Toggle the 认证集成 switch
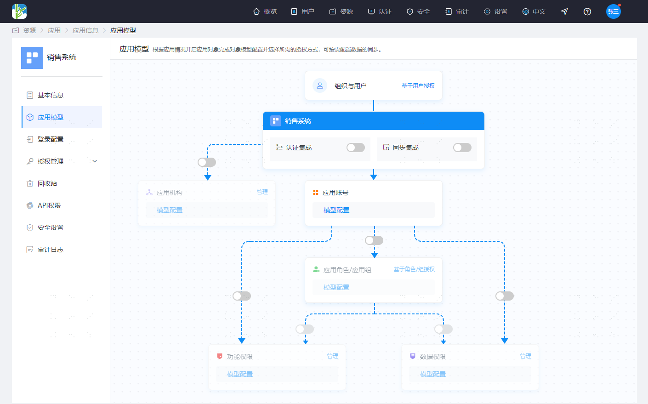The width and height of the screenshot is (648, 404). point(356,148)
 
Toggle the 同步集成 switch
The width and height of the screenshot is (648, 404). point(462,148)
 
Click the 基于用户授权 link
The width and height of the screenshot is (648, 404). point(418,85)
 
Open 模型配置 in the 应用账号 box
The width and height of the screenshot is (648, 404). point(336,210)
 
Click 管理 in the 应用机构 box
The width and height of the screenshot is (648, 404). point(262,192)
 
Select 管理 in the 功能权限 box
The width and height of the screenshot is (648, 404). point(332,356)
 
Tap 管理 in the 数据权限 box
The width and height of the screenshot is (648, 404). point(525,356)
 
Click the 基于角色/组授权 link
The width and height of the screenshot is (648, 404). point(414,269)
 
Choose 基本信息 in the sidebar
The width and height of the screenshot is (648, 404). point(51,95)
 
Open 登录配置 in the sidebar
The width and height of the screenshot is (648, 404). point(51,139)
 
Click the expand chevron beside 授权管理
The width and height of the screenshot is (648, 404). point(95,161)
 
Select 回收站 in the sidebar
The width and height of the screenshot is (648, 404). point(47,183)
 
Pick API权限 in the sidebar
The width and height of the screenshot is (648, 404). point(49,205)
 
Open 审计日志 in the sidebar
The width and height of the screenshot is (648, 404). point(51,250)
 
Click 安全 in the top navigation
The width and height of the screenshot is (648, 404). point(418,11)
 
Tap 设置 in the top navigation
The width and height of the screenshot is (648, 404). point(495,11)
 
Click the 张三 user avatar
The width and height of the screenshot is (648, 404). point(613,11)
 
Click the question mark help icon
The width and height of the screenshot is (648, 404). point(587,11)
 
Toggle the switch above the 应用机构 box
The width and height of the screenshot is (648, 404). point(207,162)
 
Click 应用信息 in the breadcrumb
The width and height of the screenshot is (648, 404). point(85,30)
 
